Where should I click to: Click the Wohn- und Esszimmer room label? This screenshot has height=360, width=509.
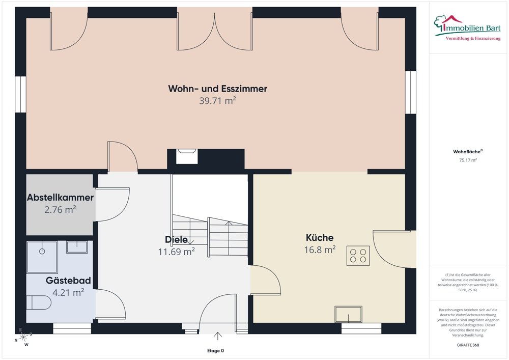pyautogui.click(x=217, y=89)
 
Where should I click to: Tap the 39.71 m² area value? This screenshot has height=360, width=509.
pyautogui.click(x=217, y=101)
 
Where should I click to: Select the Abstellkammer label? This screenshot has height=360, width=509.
pyautogui.click(x=61, y=198)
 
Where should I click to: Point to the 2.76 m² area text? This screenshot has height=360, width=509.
pyautogui.click(x=61, y=209)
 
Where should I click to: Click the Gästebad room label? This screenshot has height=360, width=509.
pyautogui.click(x=68, y=281)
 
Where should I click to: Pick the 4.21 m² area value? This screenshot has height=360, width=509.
pyautogui.click(x=68, y=292)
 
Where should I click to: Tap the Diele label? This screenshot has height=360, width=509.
pyautogui.click(x=176, y=239)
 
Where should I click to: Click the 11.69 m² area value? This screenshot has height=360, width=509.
pyautogui.click(x=176, y=252)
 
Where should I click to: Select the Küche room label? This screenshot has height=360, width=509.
pyautogui.click(x=320, y=238)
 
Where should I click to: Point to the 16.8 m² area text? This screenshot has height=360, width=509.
pyautogui.click(x=320, y=250)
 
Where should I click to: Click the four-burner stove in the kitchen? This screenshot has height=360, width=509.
pyautogui.click(x=358, y=256)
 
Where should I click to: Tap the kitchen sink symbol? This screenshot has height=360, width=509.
pyautogui.click(x=349, y=314)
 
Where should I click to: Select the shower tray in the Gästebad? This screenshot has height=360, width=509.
pyautogui.click(x=42, y=257)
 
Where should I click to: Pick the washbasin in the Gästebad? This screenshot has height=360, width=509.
pyautogui.click(x=77, y=247)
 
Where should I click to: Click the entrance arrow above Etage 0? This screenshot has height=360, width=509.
pyautogui.click(x=217, y=336)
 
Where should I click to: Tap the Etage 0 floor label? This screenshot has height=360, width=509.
pyautogui.click(x=215, y=351)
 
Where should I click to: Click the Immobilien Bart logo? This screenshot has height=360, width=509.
pyautogui.click(x=467, y=28)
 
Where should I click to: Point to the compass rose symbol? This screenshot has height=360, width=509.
pyautogui.click(x=23, y=338)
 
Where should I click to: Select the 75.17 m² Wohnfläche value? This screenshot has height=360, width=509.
pyautogui.click(x=468, y=160)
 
